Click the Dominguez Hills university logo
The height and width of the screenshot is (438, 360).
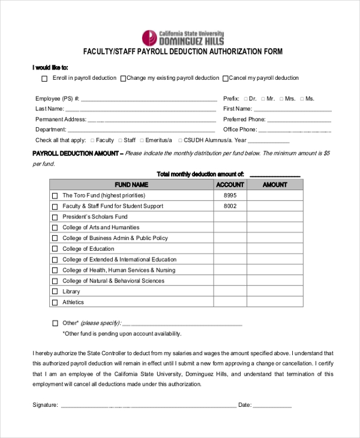pyautogui.click(x=182, y=38)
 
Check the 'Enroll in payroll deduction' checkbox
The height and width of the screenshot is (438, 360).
pyautogui.click(x=44, y=79)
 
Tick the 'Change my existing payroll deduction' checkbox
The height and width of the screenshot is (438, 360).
pyautogui.click(x=123, y=79)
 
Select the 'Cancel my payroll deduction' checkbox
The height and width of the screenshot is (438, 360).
pyautogui.click(x=226, y=79)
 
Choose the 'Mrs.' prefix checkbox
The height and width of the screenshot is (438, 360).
pyautogui.click(x=281, y=99)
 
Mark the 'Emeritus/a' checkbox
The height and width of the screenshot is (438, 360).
pyautogui.click(x=141, y=140)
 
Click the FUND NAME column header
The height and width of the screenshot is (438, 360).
pyautogui.click(x=131, y=185)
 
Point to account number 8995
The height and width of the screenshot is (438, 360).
pyautogui.click(x=230, y=196)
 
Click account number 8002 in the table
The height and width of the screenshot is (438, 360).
pyautogui.click(x=230, y=206)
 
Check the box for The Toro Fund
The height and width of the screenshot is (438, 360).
pyautogui.click(x=55, y=196)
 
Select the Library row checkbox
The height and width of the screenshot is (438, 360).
pyautogui.click(x=55, y=292)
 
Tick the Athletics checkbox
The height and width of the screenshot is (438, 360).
pyautogui.click(x=55, y=303)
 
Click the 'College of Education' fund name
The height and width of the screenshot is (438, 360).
pyautogui.click(x=88, y=249)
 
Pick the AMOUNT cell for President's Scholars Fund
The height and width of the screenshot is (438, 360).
pyautogui.click(x=275, y=217)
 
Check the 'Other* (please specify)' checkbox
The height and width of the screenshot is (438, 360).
pyautogui.click(x=55, y=323)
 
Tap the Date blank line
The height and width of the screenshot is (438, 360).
pyautogui.click(x=272, y=406)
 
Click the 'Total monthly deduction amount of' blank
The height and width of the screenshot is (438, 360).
pyautogui.click(x=274, y=175)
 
